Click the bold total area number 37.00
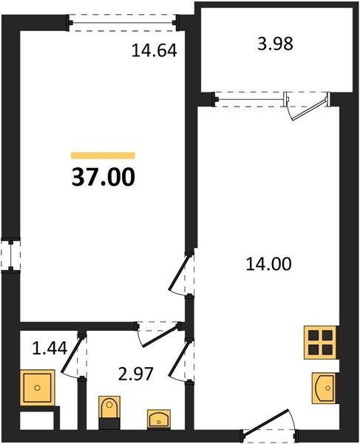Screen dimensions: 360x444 tap(103, 177)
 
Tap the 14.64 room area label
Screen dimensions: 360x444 tap(154, 50)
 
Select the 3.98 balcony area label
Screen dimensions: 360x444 tap(275, 44)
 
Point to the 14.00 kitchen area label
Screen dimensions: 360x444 tap(268, 264)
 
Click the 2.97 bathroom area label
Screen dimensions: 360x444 tap(136, 374)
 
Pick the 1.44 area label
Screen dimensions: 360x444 tap(50, 348)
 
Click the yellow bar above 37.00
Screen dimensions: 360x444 tap(103, 155)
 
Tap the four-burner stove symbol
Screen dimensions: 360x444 tap(320, 343)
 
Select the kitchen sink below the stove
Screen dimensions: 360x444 tap(325, 388)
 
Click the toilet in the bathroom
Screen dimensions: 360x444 tap(109, 412)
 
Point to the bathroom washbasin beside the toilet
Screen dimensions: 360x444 tap(159, 419)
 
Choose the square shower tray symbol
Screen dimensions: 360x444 tap(37, 388)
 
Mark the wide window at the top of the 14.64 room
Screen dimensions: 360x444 tap(123, 22)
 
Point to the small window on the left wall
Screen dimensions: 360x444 tap(11, 255)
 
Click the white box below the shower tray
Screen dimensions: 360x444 tap(37, 421)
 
